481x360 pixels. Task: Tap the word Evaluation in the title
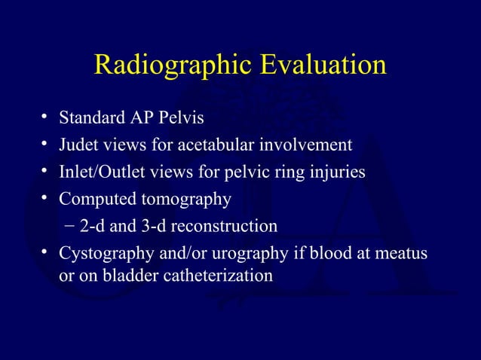tap(323, 66)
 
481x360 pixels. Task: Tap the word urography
tap(246, 253)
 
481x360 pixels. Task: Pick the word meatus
tap(401, 253)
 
